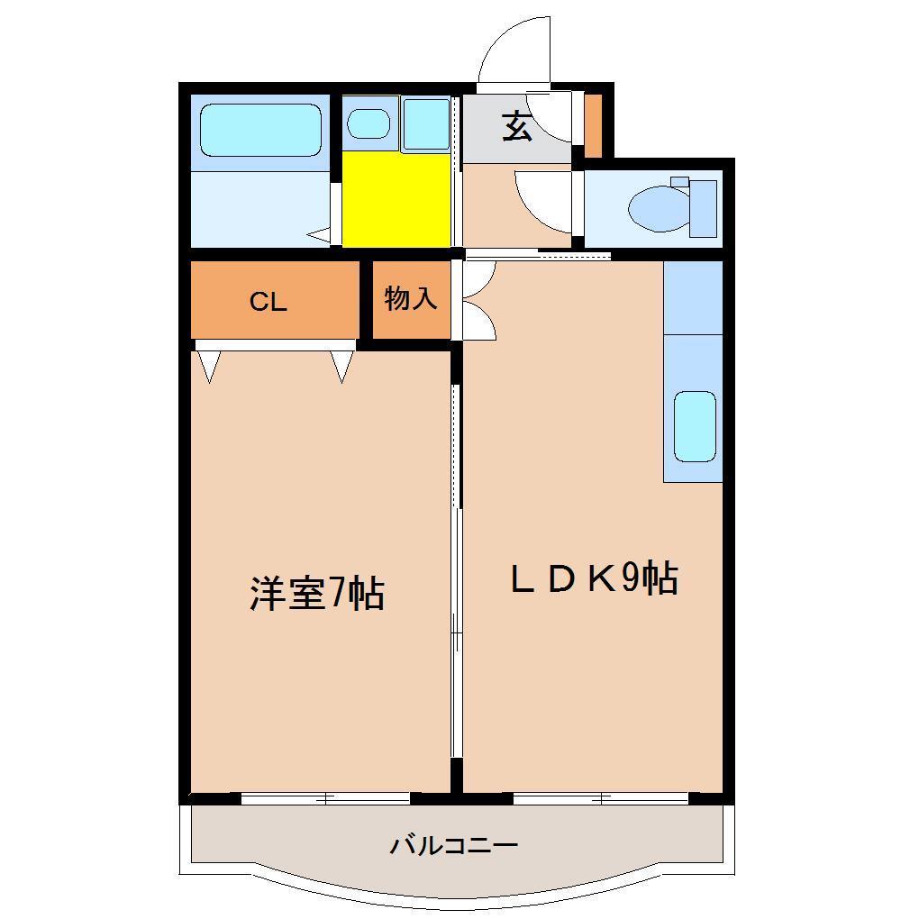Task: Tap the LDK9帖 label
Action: pyautogui.click(x=594, y=579)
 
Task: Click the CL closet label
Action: pyautogui.click(x=268, y=302)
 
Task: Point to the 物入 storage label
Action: pyautogui.click(x=411, y=299)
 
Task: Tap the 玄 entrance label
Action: pyautogui.click(x=516, y=127)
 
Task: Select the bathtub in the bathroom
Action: pyautogui.click(x=260, y=130)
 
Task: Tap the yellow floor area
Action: pyautogui.click(x=396, y=198)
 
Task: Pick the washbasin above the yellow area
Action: pyautogui.click(x=368, y=123)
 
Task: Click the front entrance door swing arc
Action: pyautogui.click(x=514, y=50)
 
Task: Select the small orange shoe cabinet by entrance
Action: pyautogui.click(x=593, y=123)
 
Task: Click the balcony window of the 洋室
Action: pyautogui.click(x=325, y=797)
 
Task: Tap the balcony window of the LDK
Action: pyautogui.click(x=601, y=797)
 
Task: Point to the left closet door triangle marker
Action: pyautogui.click(x=209, y=365)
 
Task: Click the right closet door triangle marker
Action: pyautogui.click(x=341, y=365)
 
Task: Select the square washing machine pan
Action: pyautogui.click(x=425, y=123)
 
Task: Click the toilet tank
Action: pyautogui.click(x=703, y=208)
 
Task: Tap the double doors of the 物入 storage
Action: pyautogui.click(x=476, y=302)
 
